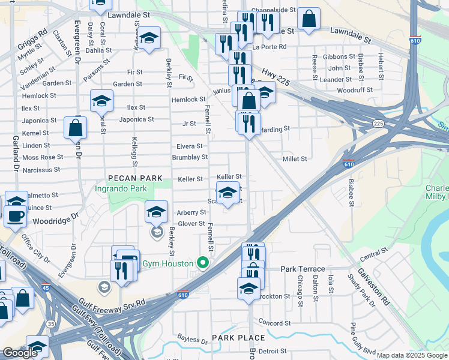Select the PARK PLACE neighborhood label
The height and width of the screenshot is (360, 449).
[x=238, y=338]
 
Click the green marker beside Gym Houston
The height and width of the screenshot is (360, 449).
[x=203, y=263]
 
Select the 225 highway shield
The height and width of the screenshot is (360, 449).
[x=378, y=124]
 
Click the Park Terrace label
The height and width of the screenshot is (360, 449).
[x=303, y=269]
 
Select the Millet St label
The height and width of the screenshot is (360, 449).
[x=295, y=159]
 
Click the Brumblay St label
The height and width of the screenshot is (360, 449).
[x=190, y=157]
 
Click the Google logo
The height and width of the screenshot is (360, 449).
[x=20, y=353]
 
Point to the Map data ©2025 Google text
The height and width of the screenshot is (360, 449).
[x=411, y=355]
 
